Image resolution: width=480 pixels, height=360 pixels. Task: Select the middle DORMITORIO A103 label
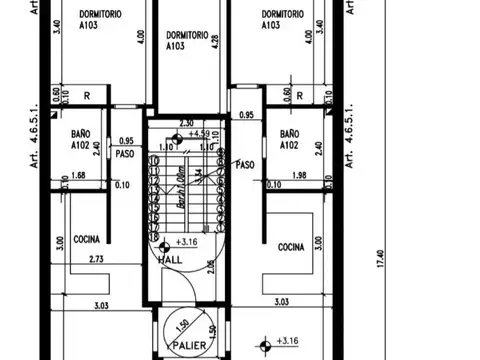(x=187, y=40)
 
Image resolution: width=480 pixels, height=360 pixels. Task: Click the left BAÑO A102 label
(x=81, y=138)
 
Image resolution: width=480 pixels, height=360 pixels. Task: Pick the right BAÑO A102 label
(x=290, y=138)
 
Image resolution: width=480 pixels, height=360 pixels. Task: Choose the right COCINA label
(x=291, y=246)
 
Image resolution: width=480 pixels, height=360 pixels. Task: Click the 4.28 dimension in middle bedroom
(x=215, y=43)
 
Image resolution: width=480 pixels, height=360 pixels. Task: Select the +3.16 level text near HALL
(x=185, y=242)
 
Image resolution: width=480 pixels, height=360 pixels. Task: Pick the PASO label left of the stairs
(x=125, y=155)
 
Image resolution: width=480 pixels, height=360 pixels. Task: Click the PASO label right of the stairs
(x=244, y=163)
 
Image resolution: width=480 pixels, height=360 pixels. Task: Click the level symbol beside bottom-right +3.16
(x=263, y=346)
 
